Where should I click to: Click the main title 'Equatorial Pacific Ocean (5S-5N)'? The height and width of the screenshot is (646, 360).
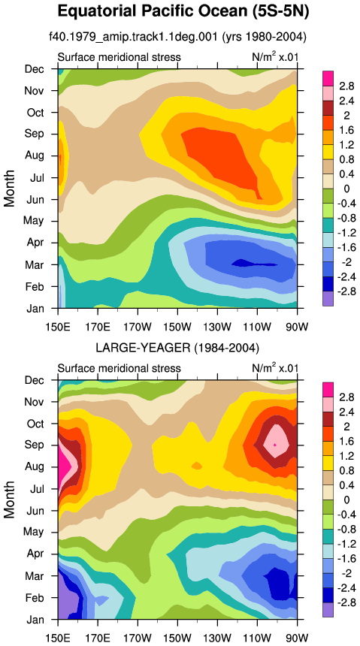coord(183,11)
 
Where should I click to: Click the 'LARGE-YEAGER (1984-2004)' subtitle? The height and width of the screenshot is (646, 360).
coord(177,349)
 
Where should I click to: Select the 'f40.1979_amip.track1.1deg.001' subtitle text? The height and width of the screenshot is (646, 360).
coord(133,37)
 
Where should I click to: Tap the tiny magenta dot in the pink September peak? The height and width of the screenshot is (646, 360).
coord(274,445)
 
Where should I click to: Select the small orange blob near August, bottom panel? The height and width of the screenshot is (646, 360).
coord(197,466)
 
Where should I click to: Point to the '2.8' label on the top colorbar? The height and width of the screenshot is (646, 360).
coord(346,86)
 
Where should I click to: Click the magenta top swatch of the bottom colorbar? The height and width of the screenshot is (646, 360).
coord(328,389)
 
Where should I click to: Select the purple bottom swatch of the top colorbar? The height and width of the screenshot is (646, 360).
coord(328,299)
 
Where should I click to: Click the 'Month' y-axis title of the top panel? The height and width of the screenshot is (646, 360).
coord(10,188)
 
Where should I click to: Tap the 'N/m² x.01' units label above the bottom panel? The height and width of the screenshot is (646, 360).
coord(274,367)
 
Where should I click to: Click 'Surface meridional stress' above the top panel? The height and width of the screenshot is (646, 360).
coord(119,57)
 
